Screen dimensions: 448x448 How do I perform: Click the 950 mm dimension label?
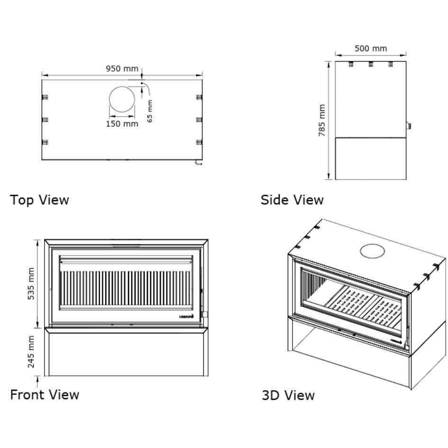pos(122,69)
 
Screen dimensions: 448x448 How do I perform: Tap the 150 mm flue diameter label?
pos(122,124)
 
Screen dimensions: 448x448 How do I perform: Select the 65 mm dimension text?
pos(150,111)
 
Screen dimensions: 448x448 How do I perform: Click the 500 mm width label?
pos(371,48)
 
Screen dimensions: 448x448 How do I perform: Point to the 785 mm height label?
pos(322,120)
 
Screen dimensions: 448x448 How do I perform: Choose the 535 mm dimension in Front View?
pos(31,283)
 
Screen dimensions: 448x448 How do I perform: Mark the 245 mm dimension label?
pos(31,352)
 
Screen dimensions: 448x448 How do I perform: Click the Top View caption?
pos(39,200)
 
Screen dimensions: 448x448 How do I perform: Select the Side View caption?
pos(292,200)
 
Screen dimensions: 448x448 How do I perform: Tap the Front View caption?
pos(45,394)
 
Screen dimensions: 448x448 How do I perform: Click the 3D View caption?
pos(288,395)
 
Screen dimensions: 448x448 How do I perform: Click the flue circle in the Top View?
pos(122,99)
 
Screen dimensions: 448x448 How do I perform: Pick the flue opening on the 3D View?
pos(373,251)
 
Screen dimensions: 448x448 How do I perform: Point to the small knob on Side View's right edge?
pos(408,126)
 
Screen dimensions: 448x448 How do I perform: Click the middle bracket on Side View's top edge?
pos(371,64)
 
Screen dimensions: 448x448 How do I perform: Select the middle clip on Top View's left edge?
pos(46,119)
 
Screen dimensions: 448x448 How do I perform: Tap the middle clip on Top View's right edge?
pos(199,119)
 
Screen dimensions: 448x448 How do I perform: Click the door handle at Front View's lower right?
pos(205,314)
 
